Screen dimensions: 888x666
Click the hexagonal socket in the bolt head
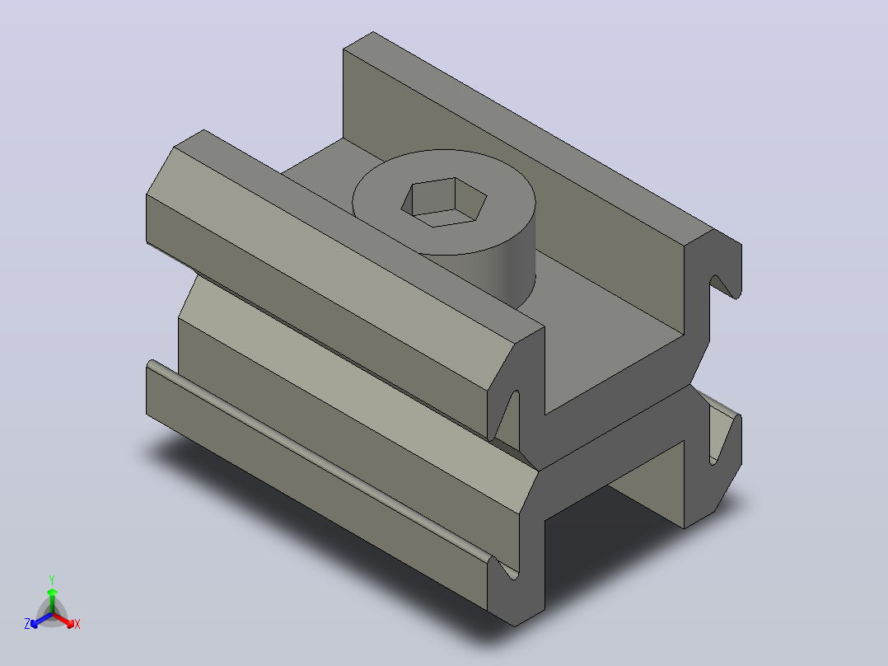[444, 202]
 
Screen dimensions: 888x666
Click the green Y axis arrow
[52, 600]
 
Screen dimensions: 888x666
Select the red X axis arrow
[63, 620]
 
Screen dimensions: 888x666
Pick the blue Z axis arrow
[41, 620]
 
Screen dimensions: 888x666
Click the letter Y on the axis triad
[52, 580]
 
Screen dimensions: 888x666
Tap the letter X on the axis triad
[77, 624]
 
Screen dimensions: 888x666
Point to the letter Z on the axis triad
[27, 624]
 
